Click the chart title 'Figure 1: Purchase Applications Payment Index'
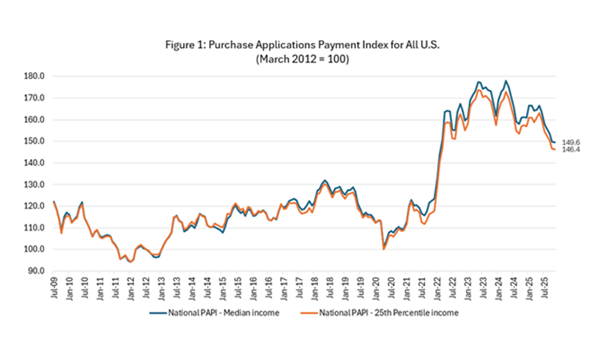click(294, 45)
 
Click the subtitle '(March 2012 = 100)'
click(294, 59)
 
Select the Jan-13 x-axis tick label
click(160, 287)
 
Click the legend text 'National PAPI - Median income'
click(224, 312)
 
